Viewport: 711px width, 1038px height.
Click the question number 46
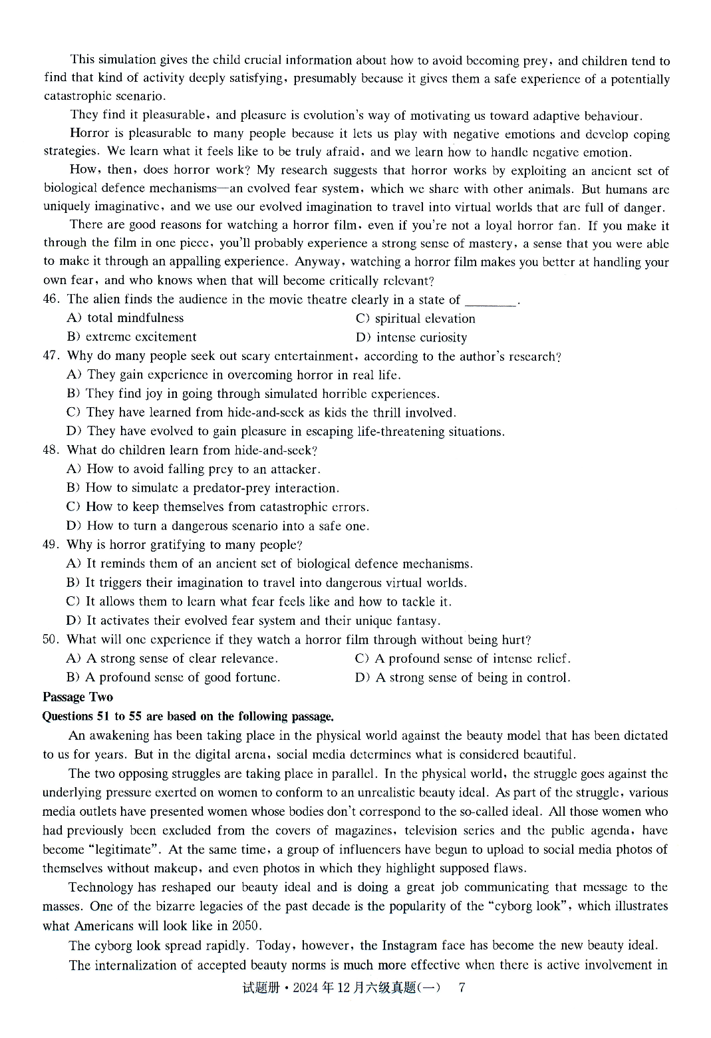51,299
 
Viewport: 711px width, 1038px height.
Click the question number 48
51,450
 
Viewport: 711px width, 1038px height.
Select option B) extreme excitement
132,337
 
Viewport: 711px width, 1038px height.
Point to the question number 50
51,640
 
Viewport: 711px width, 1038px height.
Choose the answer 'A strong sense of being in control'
463,678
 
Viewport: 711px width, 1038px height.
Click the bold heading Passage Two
78,697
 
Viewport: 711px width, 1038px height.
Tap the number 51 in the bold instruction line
103,717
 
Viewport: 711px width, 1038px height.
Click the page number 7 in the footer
462,987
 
